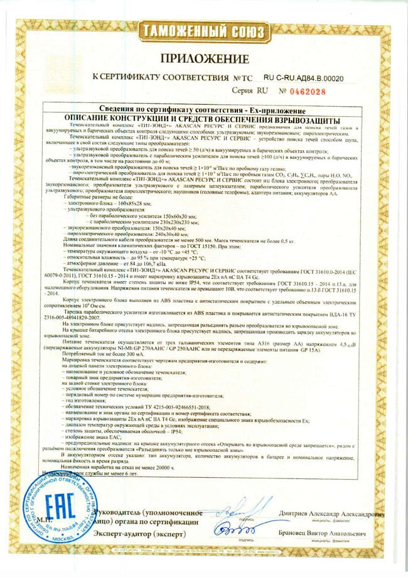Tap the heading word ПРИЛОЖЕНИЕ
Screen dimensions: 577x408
[205, 58]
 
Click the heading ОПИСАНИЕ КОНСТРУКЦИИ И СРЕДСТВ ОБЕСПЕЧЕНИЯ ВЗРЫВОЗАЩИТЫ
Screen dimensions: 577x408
[205, 119]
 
